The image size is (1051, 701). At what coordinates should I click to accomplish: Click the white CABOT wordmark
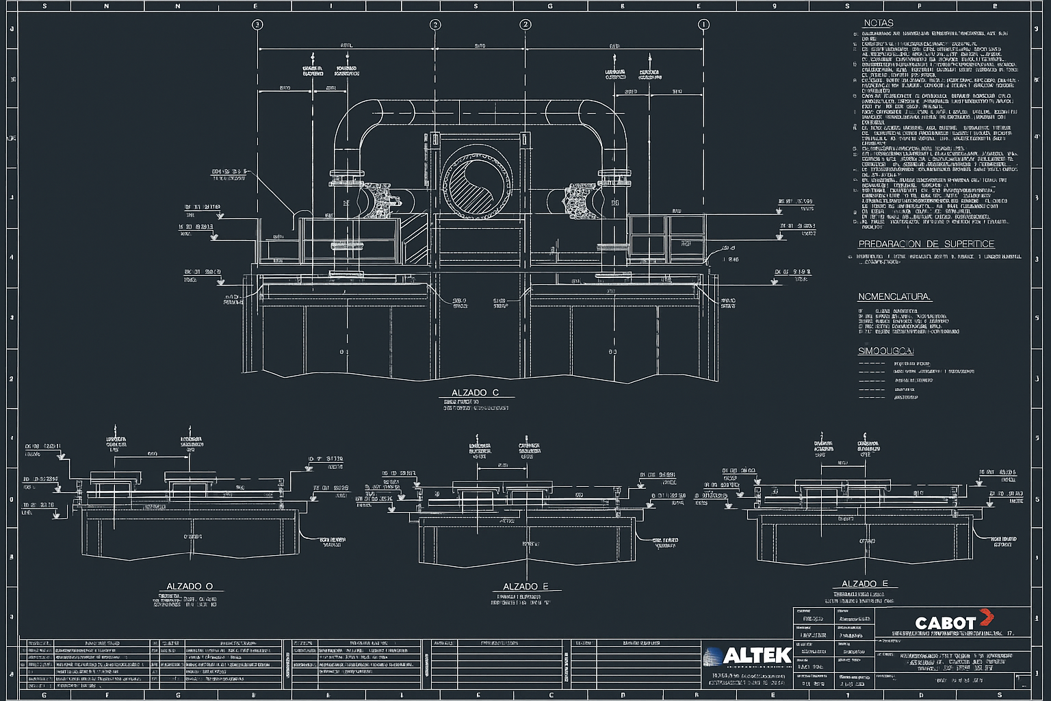pos(945,623)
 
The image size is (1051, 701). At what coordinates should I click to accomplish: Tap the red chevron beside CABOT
pos(985,617)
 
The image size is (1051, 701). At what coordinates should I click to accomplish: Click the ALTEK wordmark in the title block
pos(757,656)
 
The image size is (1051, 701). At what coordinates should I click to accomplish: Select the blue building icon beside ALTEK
pos(713,656)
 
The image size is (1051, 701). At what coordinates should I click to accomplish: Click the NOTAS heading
pos(878,23)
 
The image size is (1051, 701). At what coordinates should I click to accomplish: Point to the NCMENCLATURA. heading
pos(894,297)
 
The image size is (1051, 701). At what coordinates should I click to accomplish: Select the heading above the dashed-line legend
pos(885,351)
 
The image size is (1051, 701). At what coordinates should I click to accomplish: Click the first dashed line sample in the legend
pos(872,364)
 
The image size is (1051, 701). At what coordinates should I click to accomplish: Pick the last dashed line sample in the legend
pos(872,397)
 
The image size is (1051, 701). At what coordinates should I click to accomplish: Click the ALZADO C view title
pos(475,393)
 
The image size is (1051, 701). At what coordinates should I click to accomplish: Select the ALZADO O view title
pos(190,587)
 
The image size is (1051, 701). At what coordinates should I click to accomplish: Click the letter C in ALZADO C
pos(495,393)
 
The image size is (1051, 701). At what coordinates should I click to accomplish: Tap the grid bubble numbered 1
pos(703,25)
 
